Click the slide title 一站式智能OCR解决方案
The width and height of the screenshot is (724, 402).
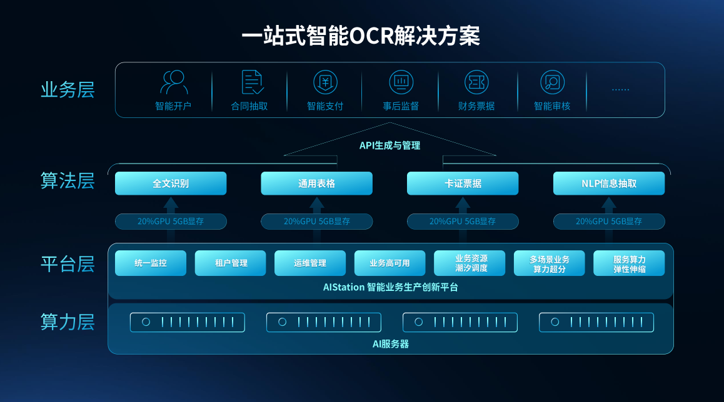361,36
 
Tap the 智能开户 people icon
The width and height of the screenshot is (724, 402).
173,82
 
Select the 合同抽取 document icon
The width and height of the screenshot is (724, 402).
251,82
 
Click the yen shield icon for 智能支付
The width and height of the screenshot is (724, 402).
325,82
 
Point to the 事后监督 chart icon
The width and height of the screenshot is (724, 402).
401,82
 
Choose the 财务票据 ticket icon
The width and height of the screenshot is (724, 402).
476,82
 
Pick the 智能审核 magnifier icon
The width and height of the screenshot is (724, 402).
552,82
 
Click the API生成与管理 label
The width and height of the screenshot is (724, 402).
390,145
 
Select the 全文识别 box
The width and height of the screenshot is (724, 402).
171,184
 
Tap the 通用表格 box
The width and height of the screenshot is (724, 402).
316,184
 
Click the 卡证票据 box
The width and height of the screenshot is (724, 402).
463,184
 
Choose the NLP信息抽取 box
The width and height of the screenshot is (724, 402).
608,184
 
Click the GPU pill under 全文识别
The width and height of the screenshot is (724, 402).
171,222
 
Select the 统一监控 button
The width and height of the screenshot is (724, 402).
151,263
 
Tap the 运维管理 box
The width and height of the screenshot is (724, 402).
310,263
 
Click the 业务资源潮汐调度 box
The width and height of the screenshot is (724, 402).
470,263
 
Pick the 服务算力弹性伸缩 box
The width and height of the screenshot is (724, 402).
629,263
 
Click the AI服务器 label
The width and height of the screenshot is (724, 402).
391,344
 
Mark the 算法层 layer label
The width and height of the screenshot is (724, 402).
68,181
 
